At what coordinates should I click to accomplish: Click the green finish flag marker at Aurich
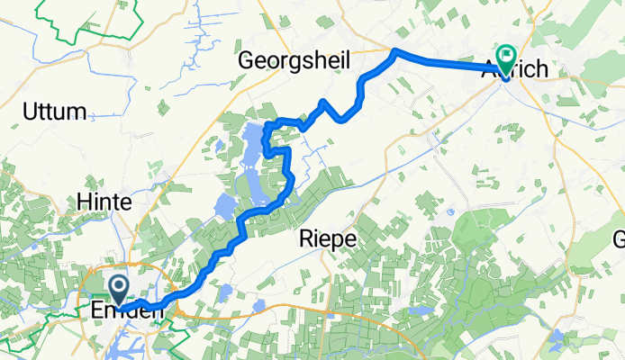504,62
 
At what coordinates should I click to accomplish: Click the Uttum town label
56,112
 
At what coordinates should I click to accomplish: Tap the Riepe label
328,238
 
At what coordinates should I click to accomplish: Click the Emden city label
128,310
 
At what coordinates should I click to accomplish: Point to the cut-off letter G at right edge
619,238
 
